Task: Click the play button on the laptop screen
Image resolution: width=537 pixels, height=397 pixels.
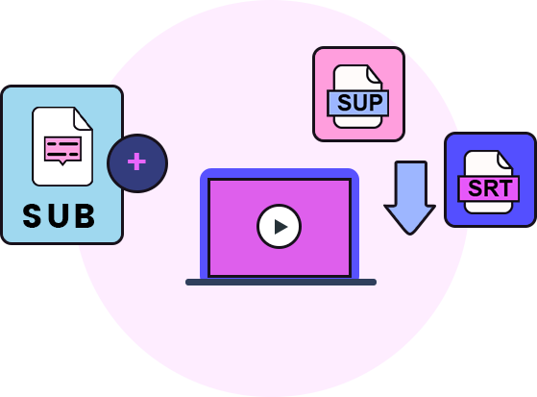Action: pos(280,226)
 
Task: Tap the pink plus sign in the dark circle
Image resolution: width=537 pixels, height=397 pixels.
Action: pos(137,161)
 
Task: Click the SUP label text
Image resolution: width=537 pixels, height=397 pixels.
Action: pos(360,103)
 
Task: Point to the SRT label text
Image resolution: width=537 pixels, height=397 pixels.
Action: pos(490,187)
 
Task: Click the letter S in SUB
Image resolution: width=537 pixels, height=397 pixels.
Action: pos(32,215)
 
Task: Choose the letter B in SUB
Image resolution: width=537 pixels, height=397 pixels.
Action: pos(85,215)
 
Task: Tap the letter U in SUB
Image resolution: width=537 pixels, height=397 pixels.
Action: pos(58,215)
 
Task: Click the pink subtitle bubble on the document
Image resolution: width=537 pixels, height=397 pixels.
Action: pos(62,150)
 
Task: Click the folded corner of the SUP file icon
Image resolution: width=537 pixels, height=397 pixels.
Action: pos(374,74)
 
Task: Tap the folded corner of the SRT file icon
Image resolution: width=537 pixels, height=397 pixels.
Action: pos(504,160)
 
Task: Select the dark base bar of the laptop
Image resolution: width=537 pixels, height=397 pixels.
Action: pos(281,283)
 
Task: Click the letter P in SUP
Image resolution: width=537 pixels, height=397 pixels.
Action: pos(376,103)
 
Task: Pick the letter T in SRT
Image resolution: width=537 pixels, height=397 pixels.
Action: pos(505,187)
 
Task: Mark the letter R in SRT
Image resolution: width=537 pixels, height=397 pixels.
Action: pos(490,187)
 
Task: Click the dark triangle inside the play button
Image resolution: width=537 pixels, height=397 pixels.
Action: pos(281,227)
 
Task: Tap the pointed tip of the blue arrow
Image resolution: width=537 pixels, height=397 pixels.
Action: pos(409,235)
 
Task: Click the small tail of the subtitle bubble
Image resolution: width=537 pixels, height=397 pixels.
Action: pos(62,162)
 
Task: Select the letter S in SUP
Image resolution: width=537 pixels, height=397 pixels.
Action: pos(345,103)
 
